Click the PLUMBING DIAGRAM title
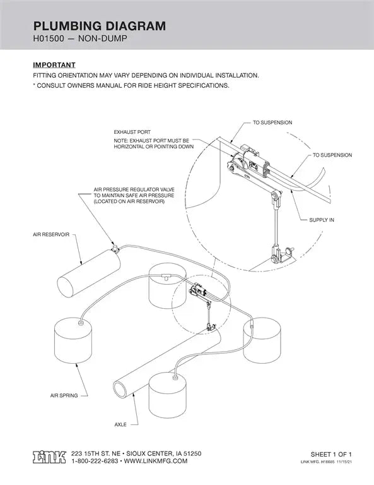pyautogui.click(x=99, y=26)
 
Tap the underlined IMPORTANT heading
pyautogui.click(x=54, y=65)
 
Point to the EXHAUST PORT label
pyautogui.click(x=132, y=133)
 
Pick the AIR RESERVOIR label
pyautogui.click(x=51, y=234)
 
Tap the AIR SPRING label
pyautogui.click(x=64, y=395)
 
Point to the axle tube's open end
pyautogui.click(x=120, y=387)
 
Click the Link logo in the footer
pyautogui.click(x=49, y=457)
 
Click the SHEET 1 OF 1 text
pyautogui.click(x=331, y=454)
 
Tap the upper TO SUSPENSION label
pyautogui.click(x=272, y=122)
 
